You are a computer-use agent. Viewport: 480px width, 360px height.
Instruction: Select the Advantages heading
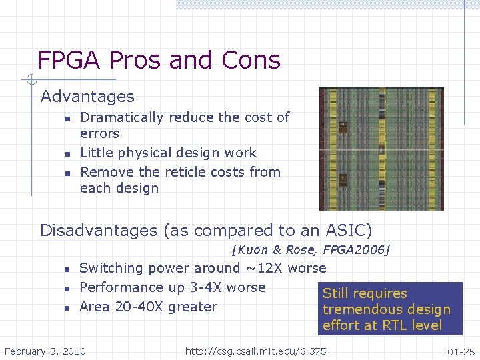coord(87,97)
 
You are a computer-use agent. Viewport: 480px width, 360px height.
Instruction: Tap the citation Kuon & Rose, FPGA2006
coord(310,250)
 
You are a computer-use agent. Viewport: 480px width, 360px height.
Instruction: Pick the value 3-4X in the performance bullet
coord(201,287)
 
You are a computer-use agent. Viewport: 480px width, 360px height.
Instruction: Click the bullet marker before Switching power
coord(67,269)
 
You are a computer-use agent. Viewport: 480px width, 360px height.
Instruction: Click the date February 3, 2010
coord(45,351)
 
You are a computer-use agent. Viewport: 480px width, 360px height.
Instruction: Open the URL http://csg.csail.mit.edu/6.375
coord(255,351)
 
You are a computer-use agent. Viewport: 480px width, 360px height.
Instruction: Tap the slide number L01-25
coord(458,351)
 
